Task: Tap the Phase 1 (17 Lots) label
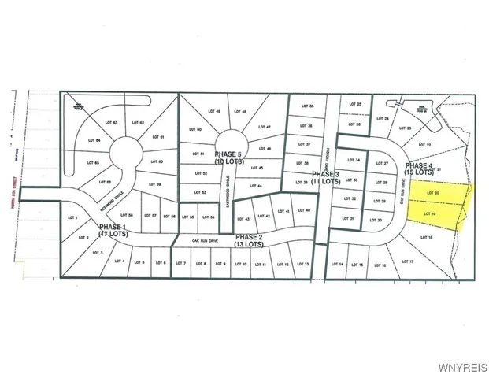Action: (x=114, y=230)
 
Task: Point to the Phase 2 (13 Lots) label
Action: (x=250, y=240)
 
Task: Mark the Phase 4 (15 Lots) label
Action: (x=419, y=169)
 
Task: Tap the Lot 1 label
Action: (x=82, y=217)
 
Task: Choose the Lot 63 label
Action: (x=112, y=123)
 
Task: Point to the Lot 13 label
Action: (x=303, y=265)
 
